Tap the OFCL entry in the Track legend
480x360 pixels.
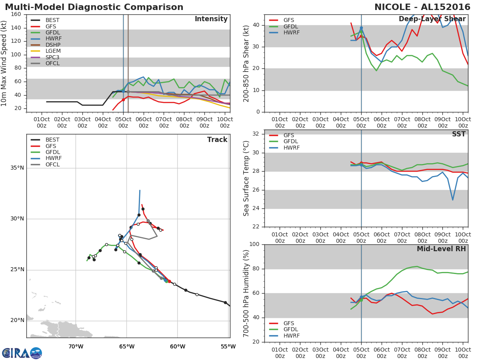coord(52,164)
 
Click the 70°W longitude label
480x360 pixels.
coord(76,346)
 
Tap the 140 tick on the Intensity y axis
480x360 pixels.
coord(16,28)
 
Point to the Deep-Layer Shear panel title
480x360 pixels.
coord(432,19)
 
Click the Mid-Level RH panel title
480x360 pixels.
coord(441,249)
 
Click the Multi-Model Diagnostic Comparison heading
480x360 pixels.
coord(94,7)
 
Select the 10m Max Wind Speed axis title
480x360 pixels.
coord(4,63)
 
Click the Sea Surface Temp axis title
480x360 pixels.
coord(246,178)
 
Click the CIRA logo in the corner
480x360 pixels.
coord(22,353)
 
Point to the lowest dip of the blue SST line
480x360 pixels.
coord(453,200)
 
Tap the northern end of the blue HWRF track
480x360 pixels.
coord(140,190)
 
